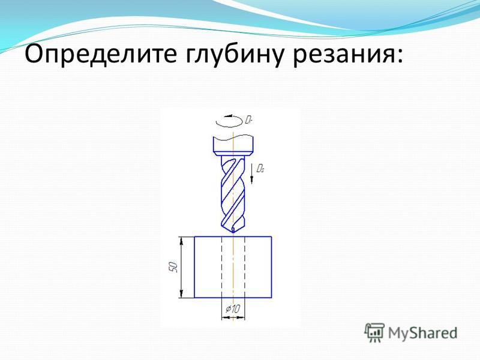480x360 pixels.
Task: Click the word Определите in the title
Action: (x=101, y=55)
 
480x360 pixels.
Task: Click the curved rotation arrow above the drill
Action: (x=229, y=121)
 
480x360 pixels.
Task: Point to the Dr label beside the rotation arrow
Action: (x=248, y=119)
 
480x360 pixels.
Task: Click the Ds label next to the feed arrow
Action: (x=260, y=168)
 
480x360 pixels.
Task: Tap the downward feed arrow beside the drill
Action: (x=252, y=173)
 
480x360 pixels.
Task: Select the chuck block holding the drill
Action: (x=233, y=145)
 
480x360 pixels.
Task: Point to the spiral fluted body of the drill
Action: (x=233, y=193)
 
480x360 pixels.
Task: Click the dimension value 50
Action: (x=173, y=267)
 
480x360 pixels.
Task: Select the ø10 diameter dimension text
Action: (x=233, y=309)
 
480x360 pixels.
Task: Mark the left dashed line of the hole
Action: (x=221, y=267)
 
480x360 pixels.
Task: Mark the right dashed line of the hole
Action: (x=245, y=267)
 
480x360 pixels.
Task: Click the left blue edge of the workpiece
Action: (x=194, y=267)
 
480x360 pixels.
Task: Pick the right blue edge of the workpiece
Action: (x=272, y=267)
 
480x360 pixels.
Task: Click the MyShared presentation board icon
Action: (x=374, y=332)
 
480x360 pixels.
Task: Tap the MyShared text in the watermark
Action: (x=423, y=333)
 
